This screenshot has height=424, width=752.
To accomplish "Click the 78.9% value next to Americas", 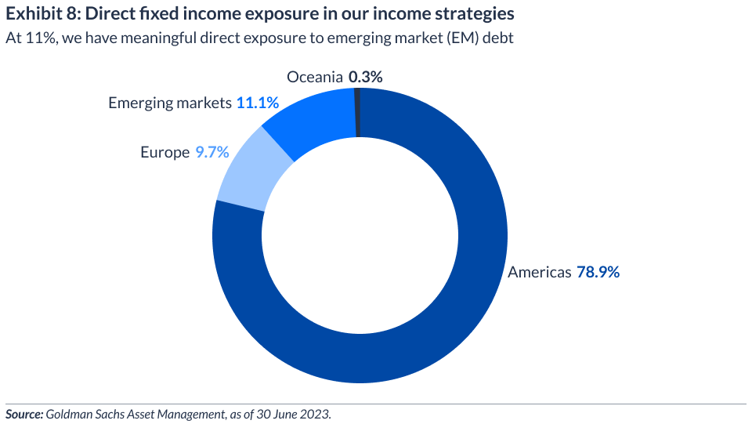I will [598, 273].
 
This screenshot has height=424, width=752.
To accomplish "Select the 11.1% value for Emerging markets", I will [257, 103].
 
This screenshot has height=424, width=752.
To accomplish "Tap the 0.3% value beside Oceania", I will [365, 77].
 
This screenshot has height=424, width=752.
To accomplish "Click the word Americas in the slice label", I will [540, 273].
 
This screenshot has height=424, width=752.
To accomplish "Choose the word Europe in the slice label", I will [165, 152].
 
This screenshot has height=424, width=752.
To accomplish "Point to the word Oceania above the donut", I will [315, 77].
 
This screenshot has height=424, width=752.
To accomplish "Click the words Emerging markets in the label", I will [170, 103].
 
